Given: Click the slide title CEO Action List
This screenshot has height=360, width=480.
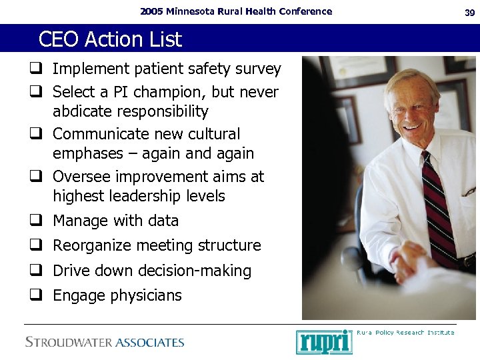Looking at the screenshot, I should pyautogui.click(x=110, y=39).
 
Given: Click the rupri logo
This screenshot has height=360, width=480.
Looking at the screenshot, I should pyautogui.click(x=323, y=341).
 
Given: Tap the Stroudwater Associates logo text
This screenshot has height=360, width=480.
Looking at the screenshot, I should pyautogui.click(x=105, y=343).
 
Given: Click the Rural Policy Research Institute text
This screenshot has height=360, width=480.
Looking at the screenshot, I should pyautogui.click(x=405, y=332).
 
